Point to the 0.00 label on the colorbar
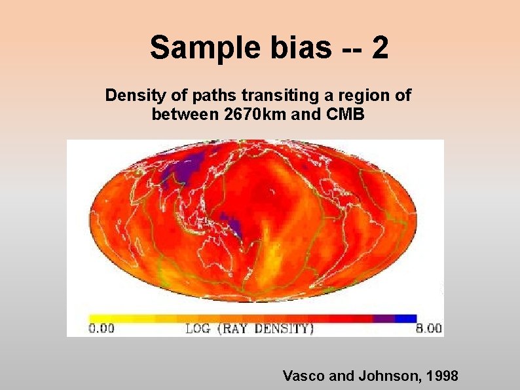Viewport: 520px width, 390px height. click(102, 328)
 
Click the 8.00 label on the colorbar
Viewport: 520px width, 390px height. click(429, 328)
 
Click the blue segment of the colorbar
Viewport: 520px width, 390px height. click(406, 318)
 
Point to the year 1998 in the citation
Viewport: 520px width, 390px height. click(443, 376)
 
